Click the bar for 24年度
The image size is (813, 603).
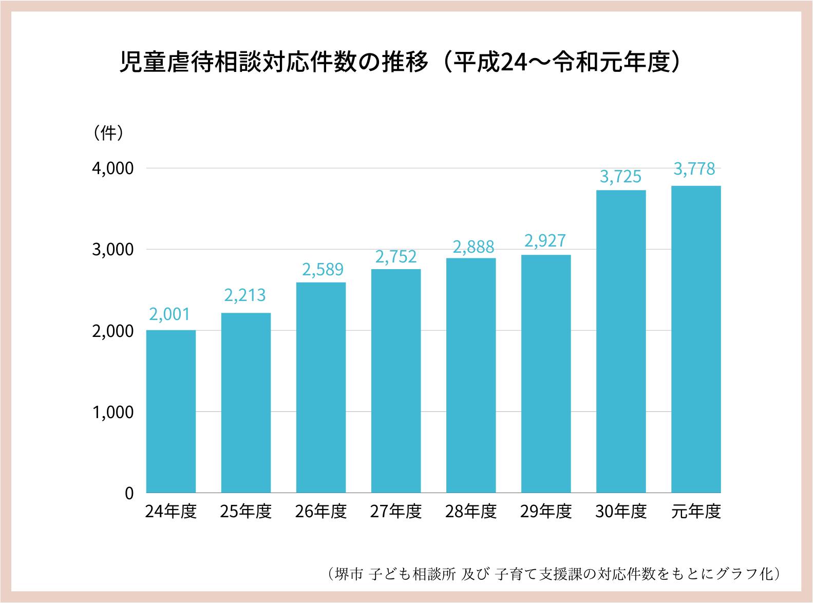tap(171, 411)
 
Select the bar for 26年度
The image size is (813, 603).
tap(321, 387)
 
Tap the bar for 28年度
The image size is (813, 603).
tap(471, 375)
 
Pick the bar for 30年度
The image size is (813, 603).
tap(621, 341)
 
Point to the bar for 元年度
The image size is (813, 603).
tap(696, 339)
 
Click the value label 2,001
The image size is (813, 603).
tap(170, 314)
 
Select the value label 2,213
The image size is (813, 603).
tap(245, 295)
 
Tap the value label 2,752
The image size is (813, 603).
tap(395, 257)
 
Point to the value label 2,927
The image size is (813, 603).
tap(545, 241)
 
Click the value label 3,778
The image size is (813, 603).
tap(694, 169)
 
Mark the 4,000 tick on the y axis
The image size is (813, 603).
tap(112, 168)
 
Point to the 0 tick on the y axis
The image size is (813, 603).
tap(129, 493)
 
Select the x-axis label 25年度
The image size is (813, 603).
tap(246, 512)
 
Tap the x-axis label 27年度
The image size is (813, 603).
tap(396, 512)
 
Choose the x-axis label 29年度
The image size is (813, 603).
tap(546, 512)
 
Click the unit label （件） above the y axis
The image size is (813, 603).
tap(108, 133)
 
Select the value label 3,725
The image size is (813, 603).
tap(620, 177)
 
